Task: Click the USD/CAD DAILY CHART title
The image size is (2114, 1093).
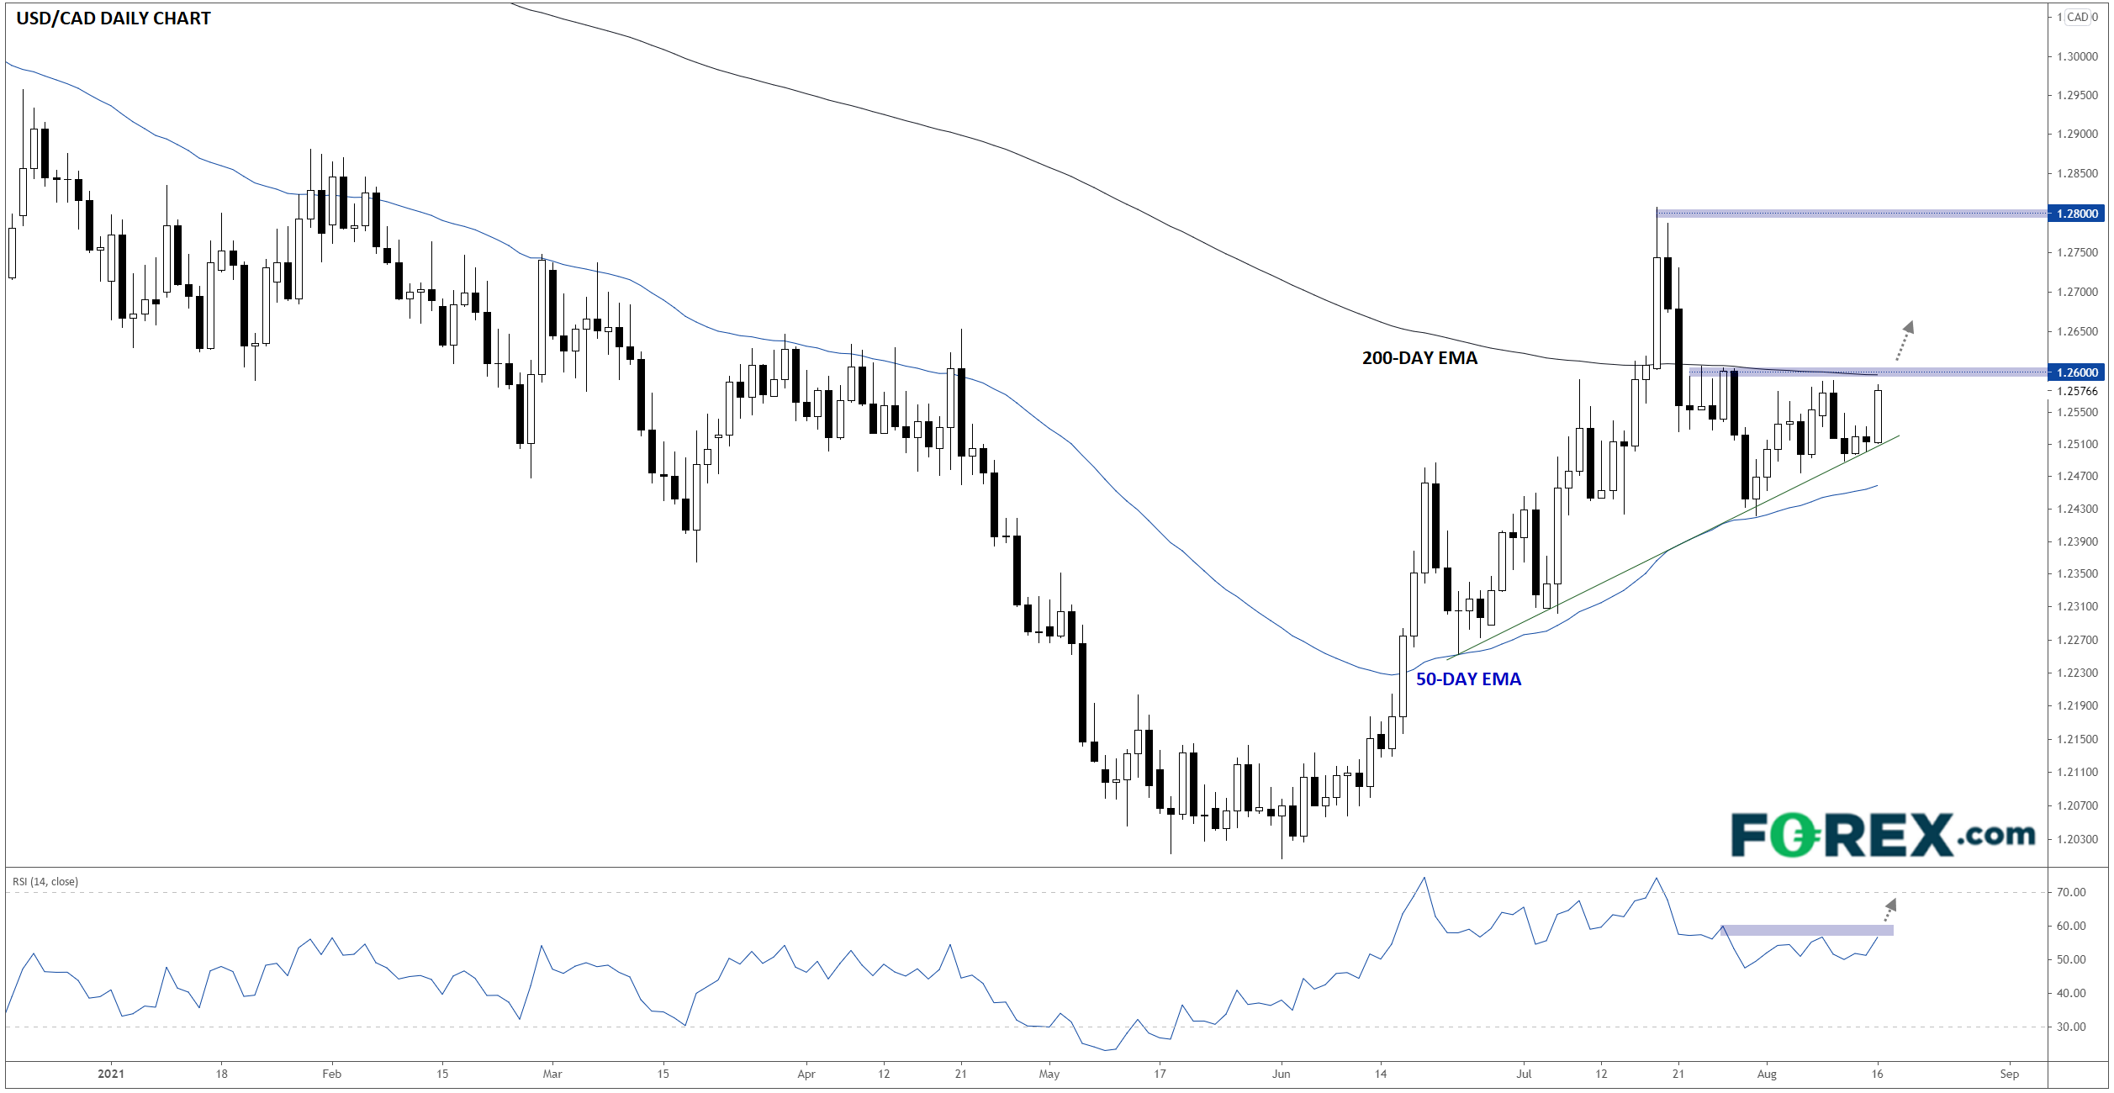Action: pos(114,18)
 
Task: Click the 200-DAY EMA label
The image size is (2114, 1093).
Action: pos(1419,358)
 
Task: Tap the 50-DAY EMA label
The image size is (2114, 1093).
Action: pos(1468,679)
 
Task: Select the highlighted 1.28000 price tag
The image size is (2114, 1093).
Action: pos(2076,214)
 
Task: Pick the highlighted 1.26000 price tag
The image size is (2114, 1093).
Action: pos(2076,372)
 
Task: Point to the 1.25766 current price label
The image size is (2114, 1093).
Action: pos(2076,391)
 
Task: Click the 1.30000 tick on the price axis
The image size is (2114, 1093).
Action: pos(2076,56)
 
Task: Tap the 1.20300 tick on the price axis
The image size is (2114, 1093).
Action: pos(2076,839)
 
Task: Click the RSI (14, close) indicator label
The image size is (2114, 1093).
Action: pos(45,882)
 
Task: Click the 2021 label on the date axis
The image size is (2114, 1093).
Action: pos(111,1074)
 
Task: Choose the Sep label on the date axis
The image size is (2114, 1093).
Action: pos(2009,1074)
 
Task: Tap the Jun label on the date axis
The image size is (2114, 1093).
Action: pos(1281,1074)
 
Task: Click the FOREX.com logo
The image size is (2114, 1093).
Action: pos(1883,834)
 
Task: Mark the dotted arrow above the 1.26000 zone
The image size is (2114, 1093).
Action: pos(1905,341)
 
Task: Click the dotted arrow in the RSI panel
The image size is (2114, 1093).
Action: pos(1889,910)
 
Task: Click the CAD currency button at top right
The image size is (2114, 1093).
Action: pos(2077,17)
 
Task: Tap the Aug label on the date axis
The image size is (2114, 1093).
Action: pos(1767,1074)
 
